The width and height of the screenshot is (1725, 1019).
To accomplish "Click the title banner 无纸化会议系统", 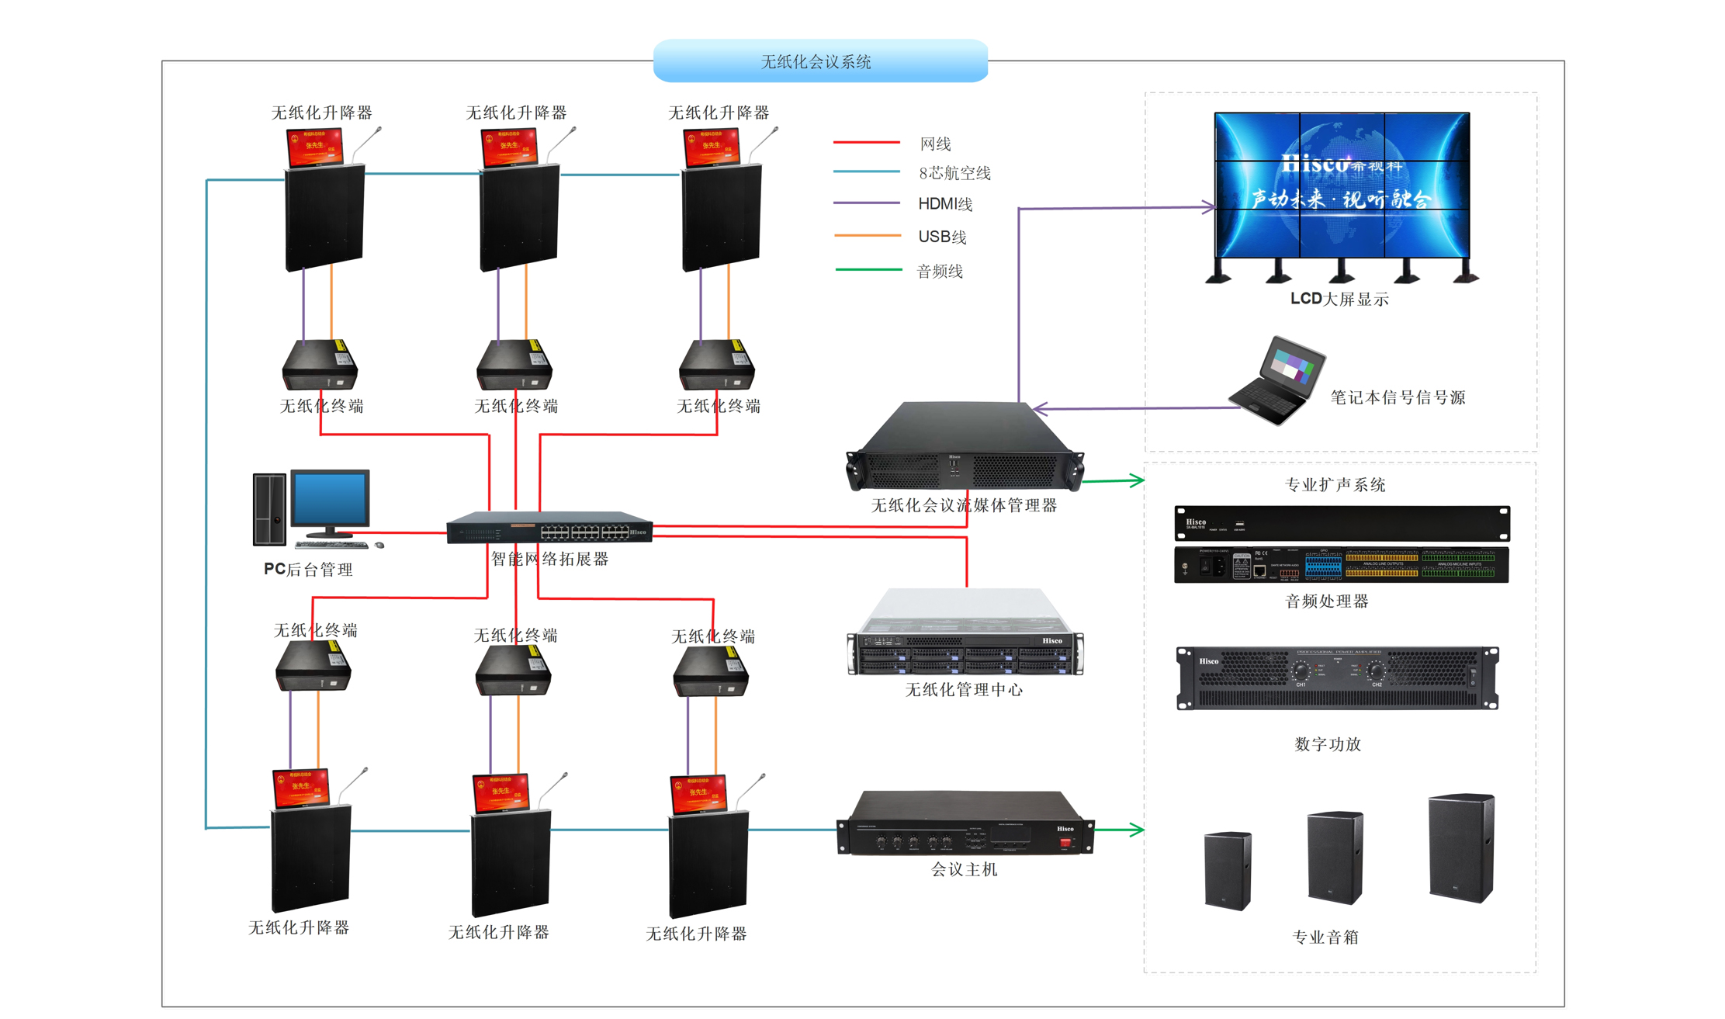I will click(x=819, y=61).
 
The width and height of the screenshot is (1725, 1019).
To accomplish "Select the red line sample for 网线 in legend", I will click(x=865, y=143).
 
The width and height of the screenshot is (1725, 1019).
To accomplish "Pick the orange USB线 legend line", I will click(x=867, y=235).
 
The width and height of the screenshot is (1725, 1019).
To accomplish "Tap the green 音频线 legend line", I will click(x=868, y=269).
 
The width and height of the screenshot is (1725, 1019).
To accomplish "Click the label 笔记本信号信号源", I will click(x=1397, y=397).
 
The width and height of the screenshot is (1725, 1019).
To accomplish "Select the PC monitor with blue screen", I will click(x=330, y=500).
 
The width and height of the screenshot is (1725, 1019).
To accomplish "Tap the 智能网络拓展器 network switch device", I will click(x=549, y=528).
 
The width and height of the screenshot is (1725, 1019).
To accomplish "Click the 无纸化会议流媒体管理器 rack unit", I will click(x=965, y=449).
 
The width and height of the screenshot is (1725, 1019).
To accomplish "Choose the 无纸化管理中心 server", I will click(x=965, y=635).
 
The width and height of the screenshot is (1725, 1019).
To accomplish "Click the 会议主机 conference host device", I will click(x=965, y=824).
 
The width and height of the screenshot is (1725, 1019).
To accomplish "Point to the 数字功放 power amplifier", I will click(x=1337, y=678).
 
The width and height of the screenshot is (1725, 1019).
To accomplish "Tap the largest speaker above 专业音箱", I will click(x=1461, y=847).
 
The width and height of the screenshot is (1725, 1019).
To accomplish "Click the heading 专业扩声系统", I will click(x=1335, y=485).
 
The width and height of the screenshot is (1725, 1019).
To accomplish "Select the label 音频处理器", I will click(x=1326, y=601).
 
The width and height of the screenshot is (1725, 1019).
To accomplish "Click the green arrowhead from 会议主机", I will click(x=1137, y=830).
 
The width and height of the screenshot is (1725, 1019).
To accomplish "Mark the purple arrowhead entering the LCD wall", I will click(x=1208, y=206).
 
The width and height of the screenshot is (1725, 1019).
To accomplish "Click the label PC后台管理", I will click(x=308, y=569).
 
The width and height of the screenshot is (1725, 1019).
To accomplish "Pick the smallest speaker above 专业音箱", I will click(x=1228, y=870).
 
